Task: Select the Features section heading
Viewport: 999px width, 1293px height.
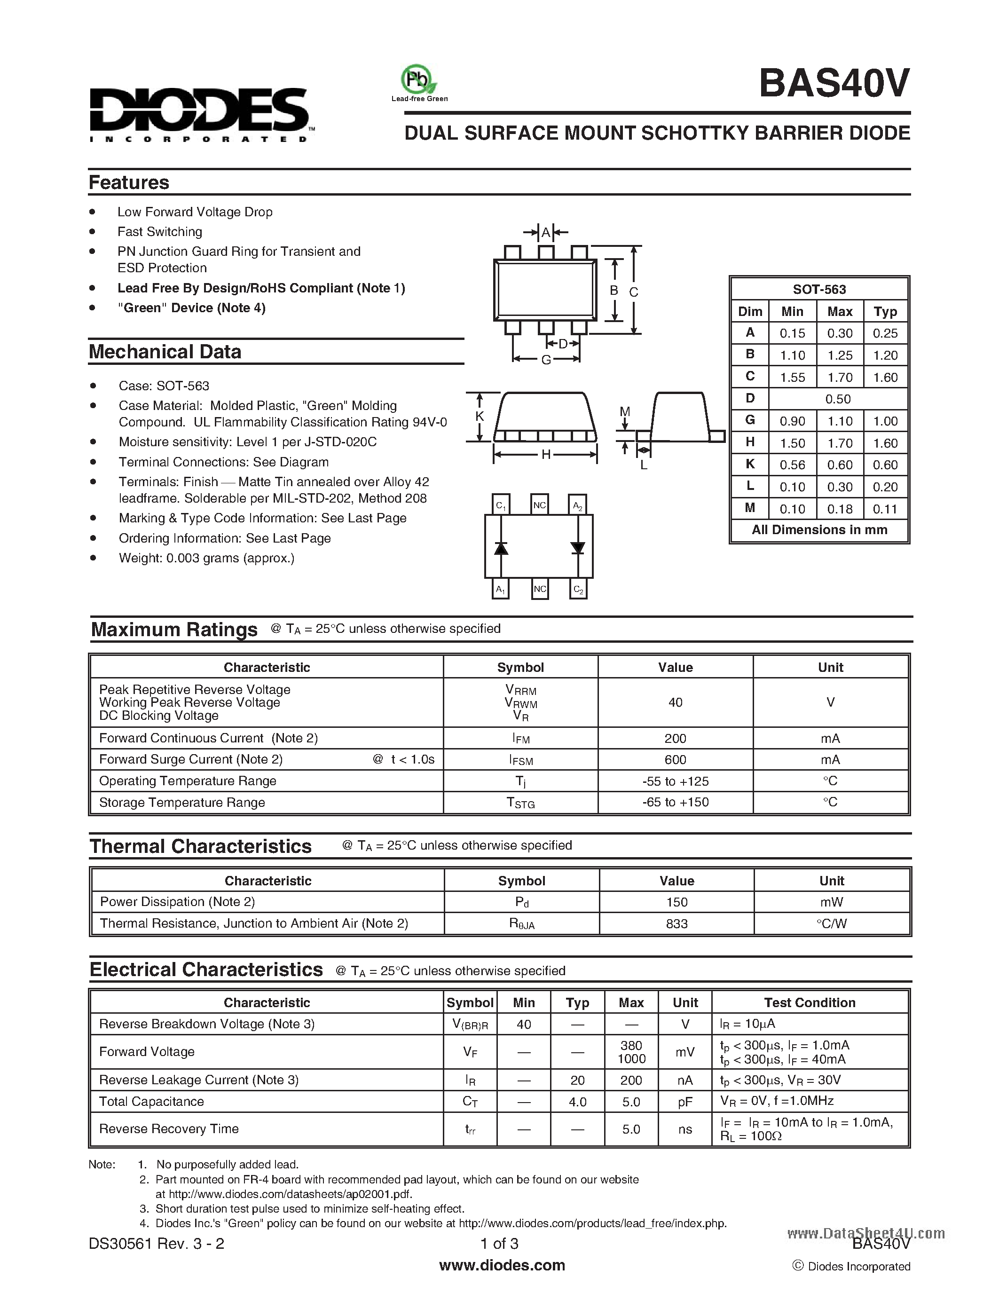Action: [129, 182]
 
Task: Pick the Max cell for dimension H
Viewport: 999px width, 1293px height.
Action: [839, 443]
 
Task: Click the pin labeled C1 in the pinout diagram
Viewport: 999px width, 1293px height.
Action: [501, 505]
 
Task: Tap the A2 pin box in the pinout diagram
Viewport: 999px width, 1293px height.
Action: [577, 505]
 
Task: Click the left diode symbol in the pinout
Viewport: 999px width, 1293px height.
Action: [501, 548]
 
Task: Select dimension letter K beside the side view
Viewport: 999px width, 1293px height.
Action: [480, 416]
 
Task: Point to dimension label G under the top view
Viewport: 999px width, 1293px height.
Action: [546, 359]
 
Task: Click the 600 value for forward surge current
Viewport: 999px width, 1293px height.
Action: [675, 759]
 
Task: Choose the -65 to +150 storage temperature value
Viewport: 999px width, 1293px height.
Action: [675, 802]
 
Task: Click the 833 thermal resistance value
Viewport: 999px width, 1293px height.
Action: [676, 923]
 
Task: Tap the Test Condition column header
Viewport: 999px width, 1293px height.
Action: [809, 1002]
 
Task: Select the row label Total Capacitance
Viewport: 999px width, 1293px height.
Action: [151, 1101]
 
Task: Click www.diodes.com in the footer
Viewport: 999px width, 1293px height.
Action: [502, 1265]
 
